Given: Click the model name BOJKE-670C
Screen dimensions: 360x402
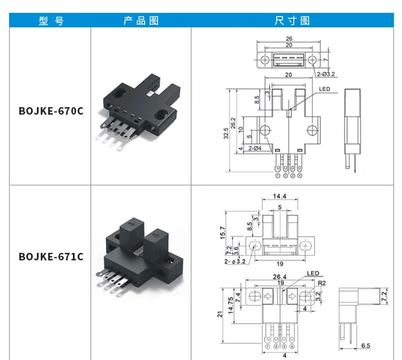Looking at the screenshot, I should click(x=51, y=111).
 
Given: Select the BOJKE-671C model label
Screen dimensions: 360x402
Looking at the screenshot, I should click(x=51, y=257).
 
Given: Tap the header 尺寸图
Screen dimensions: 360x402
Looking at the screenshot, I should click(x=293, y=20).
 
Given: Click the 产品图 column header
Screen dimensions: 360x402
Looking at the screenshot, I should click(x=141, y=20).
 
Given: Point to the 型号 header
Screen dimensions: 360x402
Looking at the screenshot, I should click(x=51, y=20).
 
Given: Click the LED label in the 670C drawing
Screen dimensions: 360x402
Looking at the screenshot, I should click(x=324, y=89).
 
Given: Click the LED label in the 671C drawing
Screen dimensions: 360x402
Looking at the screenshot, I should click(x=313, y=274).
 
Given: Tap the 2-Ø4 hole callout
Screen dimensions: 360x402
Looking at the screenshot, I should click(x=255, y=148).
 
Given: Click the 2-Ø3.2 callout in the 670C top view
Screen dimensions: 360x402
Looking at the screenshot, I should click(x=325, y=73).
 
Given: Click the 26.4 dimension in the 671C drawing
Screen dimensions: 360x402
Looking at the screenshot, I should click(x=279, y=277).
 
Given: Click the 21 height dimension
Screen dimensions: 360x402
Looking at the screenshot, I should click(x=220, y=315).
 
